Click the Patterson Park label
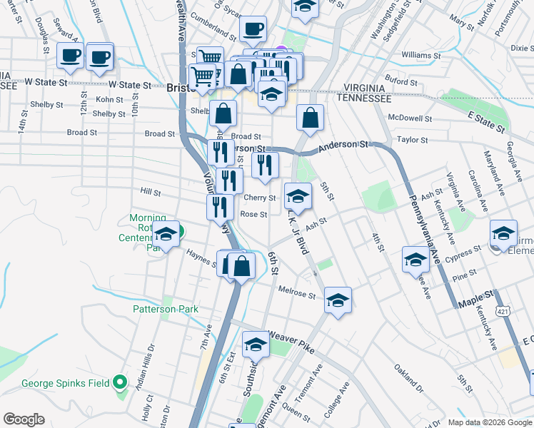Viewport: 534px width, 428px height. click(x=165, y=309)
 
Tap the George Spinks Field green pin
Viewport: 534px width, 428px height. click(x=121, y=383)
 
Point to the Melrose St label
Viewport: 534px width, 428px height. click(x=296, y=293)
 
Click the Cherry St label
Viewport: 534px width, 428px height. click(x=260, y=198)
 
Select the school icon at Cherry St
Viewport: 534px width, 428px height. click(x=298, y=195)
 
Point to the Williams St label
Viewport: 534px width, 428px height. click(x=417, y=55)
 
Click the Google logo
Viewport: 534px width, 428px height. click(x=24, y=419)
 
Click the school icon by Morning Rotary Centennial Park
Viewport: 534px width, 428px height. click(x=166, y=234)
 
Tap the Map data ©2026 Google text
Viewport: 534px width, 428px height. click(x=489, y=422)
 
